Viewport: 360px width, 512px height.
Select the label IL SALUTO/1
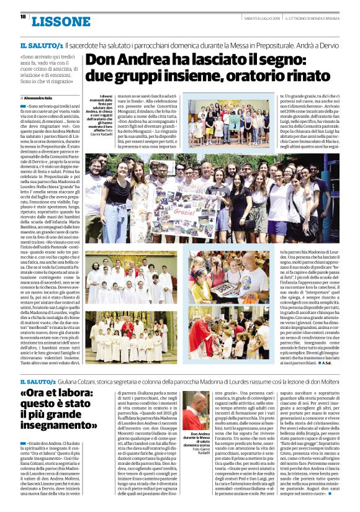point(42,46)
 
